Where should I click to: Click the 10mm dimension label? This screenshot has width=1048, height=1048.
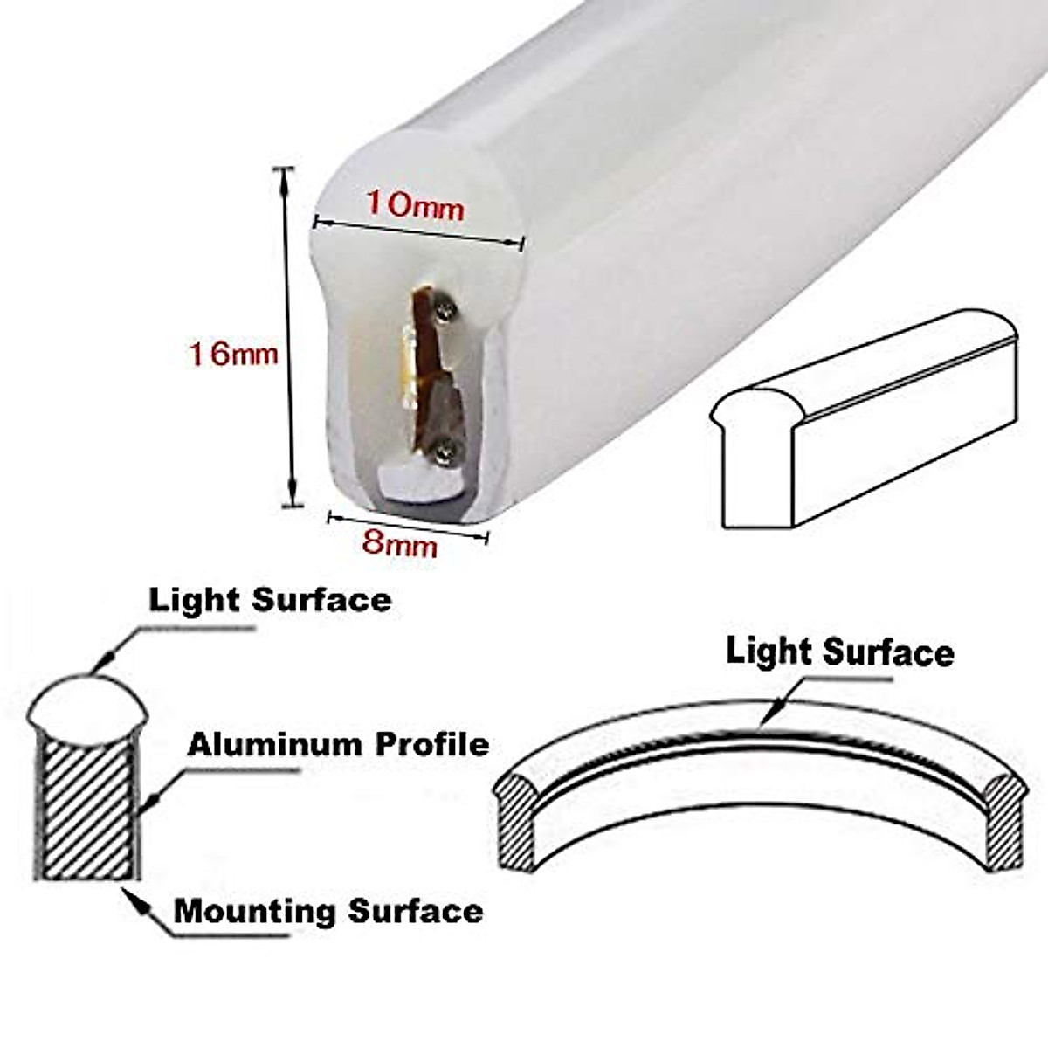point(414,206)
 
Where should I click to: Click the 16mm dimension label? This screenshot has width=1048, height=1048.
point(233,354)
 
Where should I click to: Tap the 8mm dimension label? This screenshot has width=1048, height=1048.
point(399,544)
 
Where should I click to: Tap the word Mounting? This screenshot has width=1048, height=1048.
point(255,911)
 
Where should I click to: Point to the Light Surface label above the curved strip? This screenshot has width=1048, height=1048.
point(839,652)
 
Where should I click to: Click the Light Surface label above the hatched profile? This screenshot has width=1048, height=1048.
point(270,600)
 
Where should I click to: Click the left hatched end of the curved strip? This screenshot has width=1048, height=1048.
point(514,821)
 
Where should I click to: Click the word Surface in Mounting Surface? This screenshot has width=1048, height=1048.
point(415,911)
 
